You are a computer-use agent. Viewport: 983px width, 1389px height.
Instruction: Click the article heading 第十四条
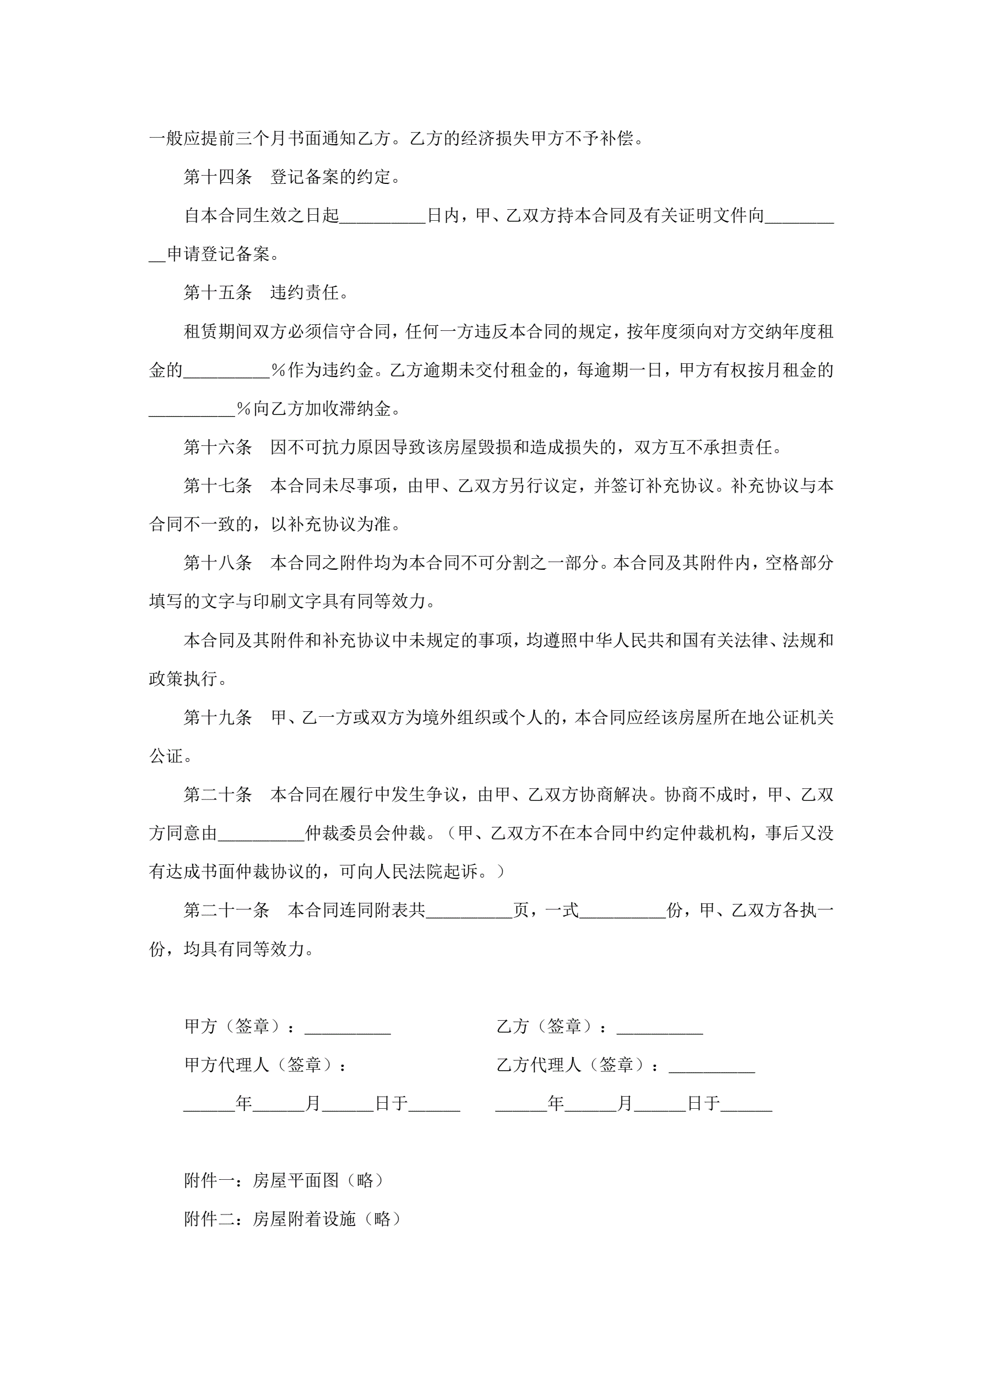point(218,177)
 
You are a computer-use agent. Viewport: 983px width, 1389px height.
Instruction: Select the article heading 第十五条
point(218,293)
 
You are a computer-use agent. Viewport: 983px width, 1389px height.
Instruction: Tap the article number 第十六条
point(218,448)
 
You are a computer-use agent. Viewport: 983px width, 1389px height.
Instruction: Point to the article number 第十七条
point(218,486)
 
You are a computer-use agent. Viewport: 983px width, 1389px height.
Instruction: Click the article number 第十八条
point(218,563)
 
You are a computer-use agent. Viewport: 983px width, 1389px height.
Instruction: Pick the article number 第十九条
point(218,718)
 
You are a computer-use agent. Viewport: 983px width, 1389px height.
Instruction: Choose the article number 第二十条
point(218,795)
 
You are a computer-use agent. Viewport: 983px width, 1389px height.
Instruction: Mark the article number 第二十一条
point(226,911)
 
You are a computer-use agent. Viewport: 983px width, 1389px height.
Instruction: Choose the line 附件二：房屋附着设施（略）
point(292,1219)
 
